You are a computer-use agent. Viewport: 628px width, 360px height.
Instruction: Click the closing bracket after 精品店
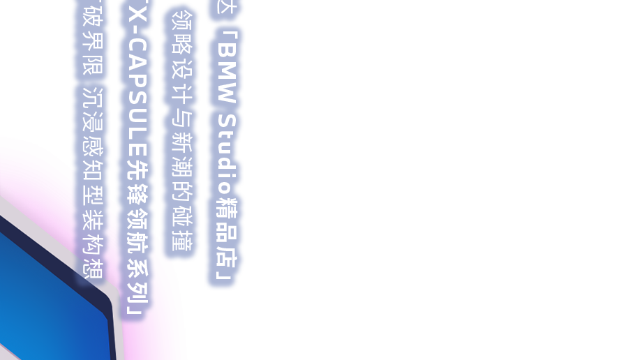225,276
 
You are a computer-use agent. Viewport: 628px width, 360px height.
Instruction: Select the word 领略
181,33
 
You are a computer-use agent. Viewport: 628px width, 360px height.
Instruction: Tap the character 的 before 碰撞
181,193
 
